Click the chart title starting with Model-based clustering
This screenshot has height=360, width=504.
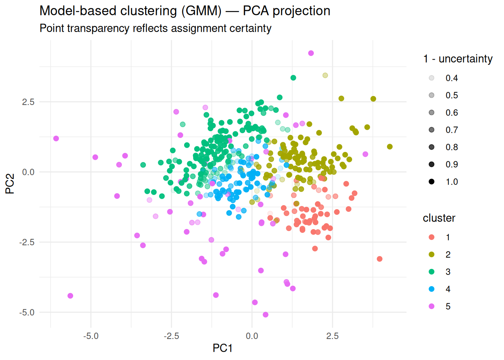pos(184,11)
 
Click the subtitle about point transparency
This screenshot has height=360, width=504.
pos(155,28)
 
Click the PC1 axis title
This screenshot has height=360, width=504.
pos(222,348)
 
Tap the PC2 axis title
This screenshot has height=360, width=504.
pos(10,184)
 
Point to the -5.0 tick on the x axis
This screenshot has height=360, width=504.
pos(91,336)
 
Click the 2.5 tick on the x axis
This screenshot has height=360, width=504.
pos(332,336)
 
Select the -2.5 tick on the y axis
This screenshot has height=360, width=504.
pos(27,242)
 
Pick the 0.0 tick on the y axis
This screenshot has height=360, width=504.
pos(28,172)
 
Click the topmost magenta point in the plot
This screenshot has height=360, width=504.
pos(311,53)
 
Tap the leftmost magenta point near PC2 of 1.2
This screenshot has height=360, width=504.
pos(56,139)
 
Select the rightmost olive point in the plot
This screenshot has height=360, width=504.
pos(390,147)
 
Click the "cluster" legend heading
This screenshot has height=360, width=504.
pos(439,218)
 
